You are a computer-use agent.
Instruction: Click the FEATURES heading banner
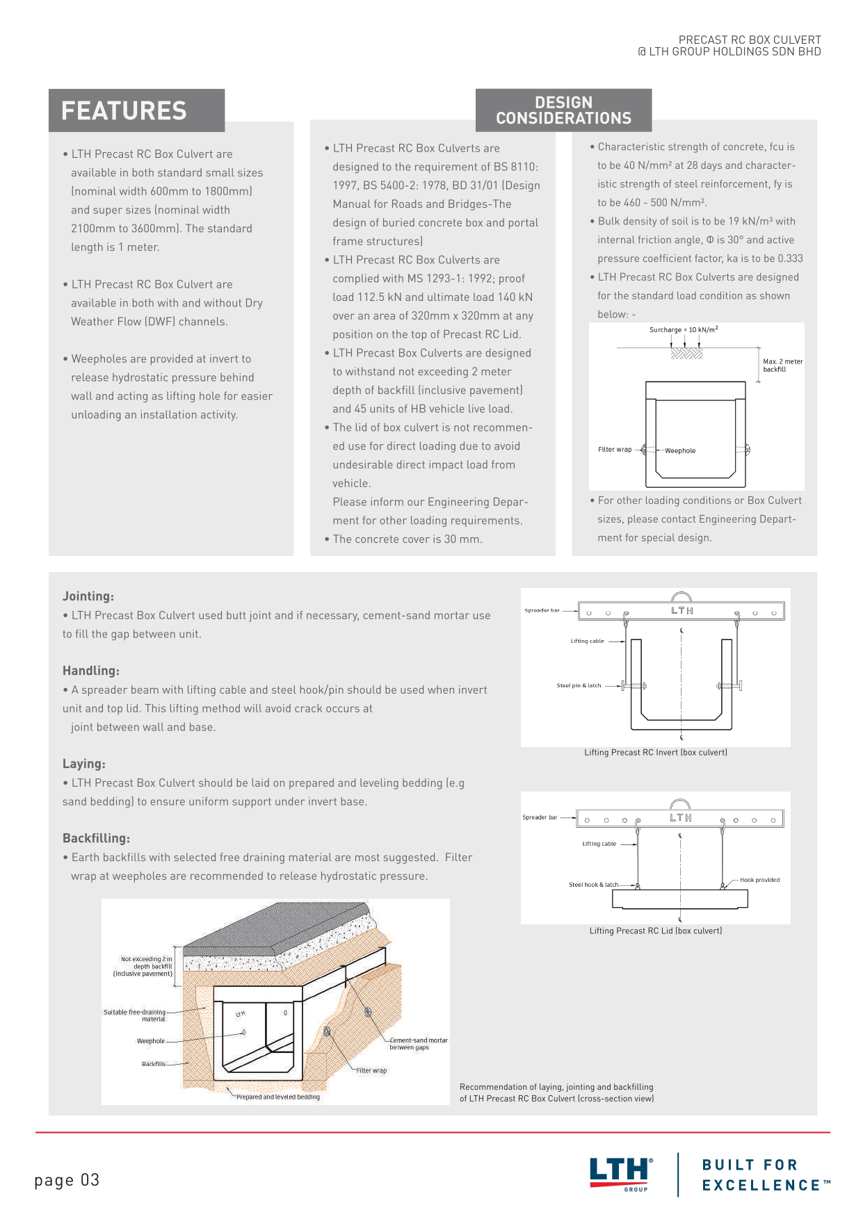[x=136, y=111]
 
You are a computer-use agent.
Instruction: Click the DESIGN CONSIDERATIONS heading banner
[x=563, y=111]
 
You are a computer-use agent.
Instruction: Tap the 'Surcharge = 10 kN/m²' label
[x=683, y=329]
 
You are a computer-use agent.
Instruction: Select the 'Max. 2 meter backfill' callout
[x=782, y=366]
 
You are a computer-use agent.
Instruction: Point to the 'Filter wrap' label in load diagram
[x=615, y=450]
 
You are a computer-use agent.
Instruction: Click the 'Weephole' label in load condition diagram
[x=679, y=451]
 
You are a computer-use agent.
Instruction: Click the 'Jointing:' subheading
[x=88, y=596]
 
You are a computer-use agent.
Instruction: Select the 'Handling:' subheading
[x=91, y=671]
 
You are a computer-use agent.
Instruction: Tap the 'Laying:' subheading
[x=84, y=764]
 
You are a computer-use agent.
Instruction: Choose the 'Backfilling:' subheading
[x=96, y=838]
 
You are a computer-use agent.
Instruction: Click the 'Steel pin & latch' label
[x=579, y=685]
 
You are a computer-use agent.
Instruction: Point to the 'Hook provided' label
[x=759, y=880]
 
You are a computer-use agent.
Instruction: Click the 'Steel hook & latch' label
[x=593, y=885]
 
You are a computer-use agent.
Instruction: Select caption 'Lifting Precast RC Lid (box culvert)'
[x=656, y=931]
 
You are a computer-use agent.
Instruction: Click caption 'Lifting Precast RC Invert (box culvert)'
[x=656, y=752]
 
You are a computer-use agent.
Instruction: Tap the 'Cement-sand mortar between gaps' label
[x=418, y=1044]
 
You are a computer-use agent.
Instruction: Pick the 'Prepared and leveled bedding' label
[x=277, y=1097]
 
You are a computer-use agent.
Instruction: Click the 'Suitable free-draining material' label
[x=136, y=1015]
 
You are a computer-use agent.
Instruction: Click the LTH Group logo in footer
[x=621, y=1174]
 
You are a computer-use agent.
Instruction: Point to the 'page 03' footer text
[x=67, y=1180]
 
